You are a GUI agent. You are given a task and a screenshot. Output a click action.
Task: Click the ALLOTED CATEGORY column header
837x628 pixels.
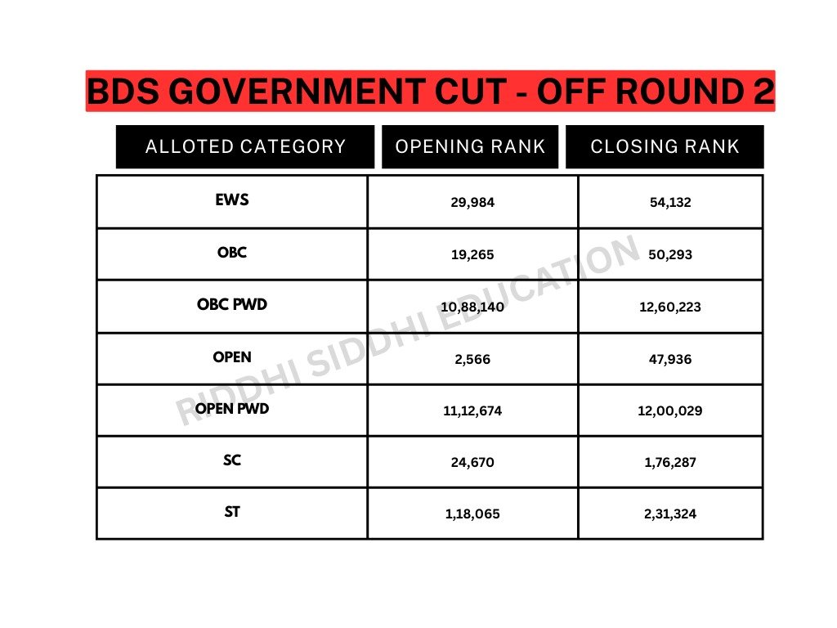[245, 147]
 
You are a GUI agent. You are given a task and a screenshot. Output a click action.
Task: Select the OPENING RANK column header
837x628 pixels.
[470, 147]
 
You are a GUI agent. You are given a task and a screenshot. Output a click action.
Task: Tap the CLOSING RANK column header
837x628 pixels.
[665, 147]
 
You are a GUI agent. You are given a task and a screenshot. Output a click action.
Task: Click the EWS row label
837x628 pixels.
[232, 200]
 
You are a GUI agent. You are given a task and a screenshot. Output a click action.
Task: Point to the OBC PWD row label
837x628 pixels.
[232, 305]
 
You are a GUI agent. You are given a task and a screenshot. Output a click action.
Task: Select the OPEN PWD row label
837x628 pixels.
[232, 409]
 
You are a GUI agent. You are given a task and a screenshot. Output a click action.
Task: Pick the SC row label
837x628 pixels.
[232, 460]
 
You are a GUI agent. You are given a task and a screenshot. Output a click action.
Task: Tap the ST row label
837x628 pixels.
[232, 513]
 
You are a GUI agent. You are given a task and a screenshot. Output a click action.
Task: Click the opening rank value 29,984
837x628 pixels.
[472, 203]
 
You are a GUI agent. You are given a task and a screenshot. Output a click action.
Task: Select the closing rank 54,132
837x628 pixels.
[670, 203]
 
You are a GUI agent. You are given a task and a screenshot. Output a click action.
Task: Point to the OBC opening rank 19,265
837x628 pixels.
[472, 255]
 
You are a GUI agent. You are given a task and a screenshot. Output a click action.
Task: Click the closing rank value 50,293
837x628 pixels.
[670, 255]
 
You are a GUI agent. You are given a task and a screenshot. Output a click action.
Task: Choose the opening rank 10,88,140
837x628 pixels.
[472, 307]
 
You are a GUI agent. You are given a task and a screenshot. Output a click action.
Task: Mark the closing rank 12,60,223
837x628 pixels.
[670, 307]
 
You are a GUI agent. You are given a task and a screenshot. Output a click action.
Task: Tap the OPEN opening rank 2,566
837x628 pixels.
[472, 359]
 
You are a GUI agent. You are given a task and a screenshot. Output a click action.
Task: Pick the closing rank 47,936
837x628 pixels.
[670, 359]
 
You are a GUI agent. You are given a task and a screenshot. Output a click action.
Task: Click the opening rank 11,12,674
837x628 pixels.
[472, 410]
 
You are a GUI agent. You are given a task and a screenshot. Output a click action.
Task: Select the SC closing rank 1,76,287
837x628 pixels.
[670, 463]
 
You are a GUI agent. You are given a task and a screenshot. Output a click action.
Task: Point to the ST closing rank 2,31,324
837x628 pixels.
[670, 515]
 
